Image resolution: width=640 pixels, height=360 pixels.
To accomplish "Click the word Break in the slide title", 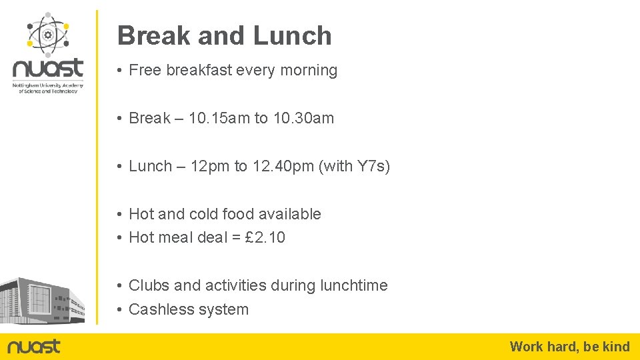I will tap(153, 36).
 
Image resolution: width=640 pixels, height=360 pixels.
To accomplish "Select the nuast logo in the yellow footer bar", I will tap(34, 347).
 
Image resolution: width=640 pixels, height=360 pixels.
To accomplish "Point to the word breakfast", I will tap(197, 70).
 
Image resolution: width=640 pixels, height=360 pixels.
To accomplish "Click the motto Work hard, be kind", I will tap(569, 346).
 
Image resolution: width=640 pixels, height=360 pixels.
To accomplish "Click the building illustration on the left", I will tap(41, 300).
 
